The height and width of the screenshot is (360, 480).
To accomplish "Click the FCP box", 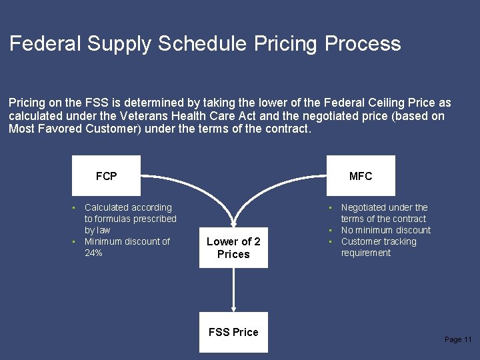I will pyautogui.click(x=106, y=176).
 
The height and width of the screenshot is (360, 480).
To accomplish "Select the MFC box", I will pyautogui.click(x=361, y=176).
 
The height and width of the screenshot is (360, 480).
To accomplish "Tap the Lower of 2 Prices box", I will pyautogui.click(x=233, y=248).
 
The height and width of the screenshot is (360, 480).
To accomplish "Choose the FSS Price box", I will pyautogui.click(x=233, y=332).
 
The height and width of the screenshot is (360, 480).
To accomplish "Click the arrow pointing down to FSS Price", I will pyautogui.click(x=233, y=290).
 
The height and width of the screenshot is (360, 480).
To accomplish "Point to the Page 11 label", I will pyautogui.click(x=458, y=340).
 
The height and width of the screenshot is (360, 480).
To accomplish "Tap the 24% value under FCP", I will pyautogui.click(x=93, y=253).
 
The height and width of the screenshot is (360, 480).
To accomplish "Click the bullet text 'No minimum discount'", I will pyautogui.click(x=385, y=230).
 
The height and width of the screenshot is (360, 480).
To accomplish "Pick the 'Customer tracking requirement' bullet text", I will pyautogui.click(x=378, y=247).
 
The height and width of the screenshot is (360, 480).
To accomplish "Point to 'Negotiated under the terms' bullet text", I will pyautogui.click(x=384, y=213).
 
